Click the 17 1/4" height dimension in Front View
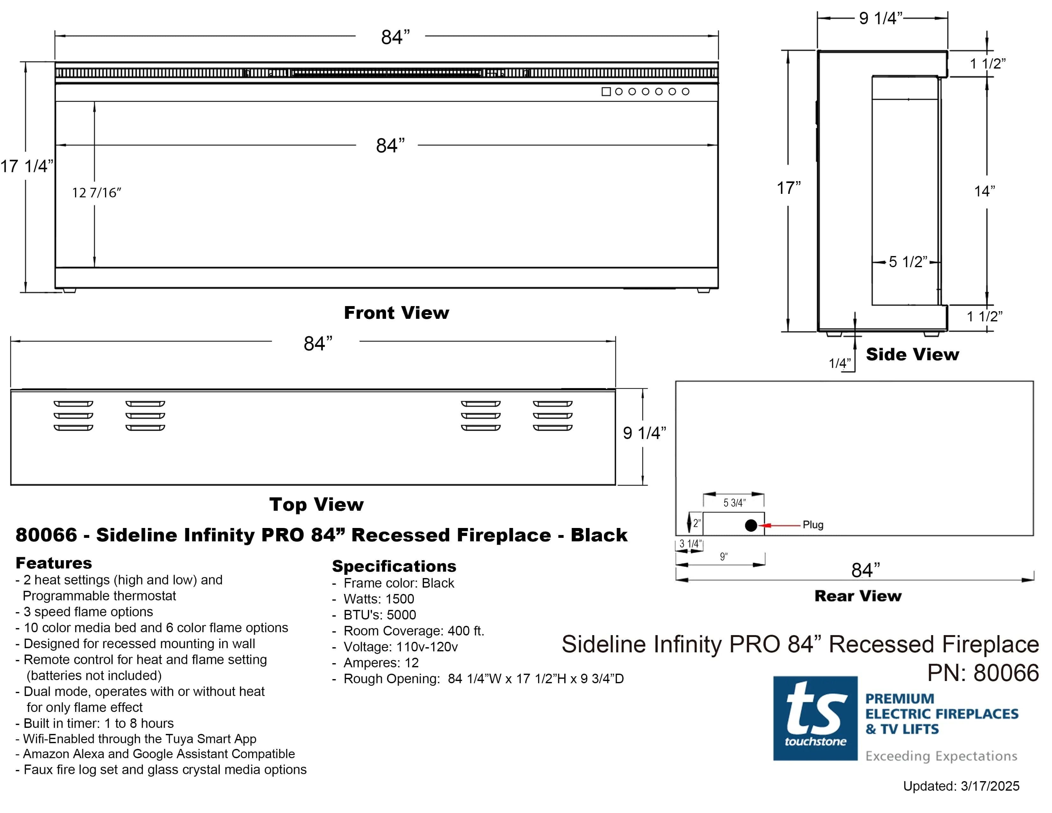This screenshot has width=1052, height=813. [x=26, y=166]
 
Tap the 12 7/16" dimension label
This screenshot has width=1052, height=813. [x=96, y=193]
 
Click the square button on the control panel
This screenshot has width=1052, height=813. [x=606, y=92]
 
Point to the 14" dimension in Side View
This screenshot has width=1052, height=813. [x=984, y=191]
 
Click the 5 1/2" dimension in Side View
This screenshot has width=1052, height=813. [x=908, y=262]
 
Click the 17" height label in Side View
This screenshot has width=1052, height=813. [x=788, y=188]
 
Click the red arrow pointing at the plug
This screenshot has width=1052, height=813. [x=780, y=525]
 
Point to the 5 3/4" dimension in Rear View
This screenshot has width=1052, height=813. [x=734, y=503]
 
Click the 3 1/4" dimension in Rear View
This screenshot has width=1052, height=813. [x=690, y=544]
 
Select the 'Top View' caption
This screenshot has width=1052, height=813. [x=317, y=504]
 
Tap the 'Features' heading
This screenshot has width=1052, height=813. [x=54, y=562]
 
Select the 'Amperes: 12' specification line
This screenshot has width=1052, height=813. [x=381, y=663]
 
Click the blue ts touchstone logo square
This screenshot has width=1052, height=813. [x=815, y=718]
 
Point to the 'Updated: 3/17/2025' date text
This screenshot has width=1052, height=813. [x=961, y=786]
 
